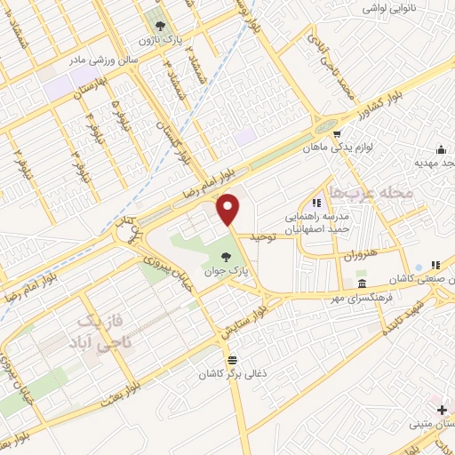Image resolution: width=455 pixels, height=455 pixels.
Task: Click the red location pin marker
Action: point(230,209)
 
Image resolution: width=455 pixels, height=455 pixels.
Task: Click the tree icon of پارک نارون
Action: point(161,27)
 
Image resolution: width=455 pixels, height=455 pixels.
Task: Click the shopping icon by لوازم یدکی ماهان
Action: point(336,135)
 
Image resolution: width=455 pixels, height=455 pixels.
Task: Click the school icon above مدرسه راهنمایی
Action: point(316,203)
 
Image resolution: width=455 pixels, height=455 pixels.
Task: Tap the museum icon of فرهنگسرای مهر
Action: point(361,284)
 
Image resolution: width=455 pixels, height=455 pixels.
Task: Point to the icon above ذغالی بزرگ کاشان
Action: point(233,360)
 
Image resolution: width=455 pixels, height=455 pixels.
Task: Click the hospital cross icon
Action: point(443,410)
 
